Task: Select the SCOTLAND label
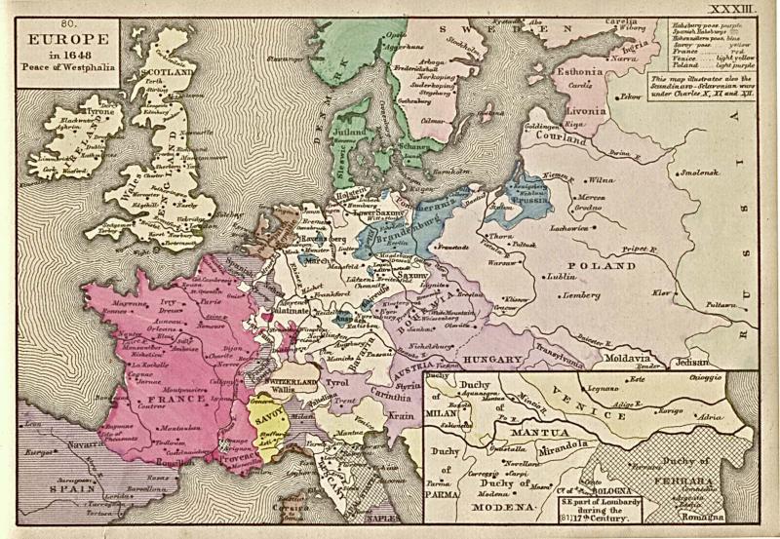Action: tap(162, 72)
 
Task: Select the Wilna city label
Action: tap(601, 180)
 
